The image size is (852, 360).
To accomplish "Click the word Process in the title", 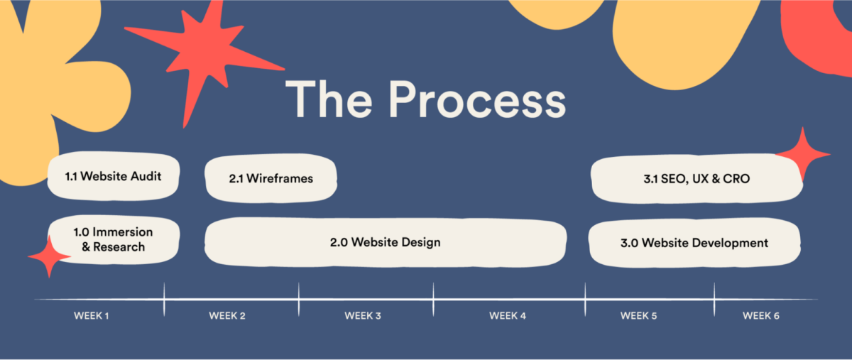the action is (x=477, y=99).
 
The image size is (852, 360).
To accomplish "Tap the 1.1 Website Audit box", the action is (x=114, y=176).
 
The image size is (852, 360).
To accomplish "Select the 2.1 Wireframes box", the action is (x=271, y=178).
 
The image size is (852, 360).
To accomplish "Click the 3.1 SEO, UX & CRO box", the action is (x=697, y=178).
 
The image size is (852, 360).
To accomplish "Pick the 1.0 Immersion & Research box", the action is (x=114, y=239).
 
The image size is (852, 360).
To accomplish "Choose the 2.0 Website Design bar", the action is (x=386, y=242).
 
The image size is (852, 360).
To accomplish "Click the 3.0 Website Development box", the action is (x=694, y=243).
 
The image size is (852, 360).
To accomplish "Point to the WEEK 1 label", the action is (x=92, y=316).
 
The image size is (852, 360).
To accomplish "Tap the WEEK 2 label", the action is (x=227, y=316).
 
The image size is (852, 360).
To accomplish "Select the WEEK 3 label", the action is (x=363, y=316).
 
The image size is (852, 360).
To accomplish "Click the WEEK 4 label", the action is (x=508, y=316).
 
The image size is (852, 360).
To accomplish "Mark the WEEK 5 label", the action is (x=638, y=316).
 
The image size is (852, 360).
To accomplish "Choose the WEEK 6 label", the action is (x=761, y=316).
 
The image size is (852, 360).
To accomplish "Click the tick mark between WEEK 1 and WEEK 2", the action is (x=164, y=300).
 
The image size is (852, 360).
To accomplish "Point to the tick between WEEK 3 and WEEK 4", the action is (x=433, y=300).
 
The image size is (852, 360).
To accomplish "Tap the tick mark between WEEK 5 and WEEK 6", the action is (x=714, y=300).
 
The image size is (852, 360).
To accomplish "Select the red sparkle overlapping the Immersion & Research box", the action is (x=49, y=257).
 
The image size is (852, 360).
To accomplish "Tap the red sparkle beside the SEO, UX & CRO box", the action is (x=803, y=154).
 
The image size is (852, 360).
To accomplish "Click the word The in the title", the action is (x=329, y=99).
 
